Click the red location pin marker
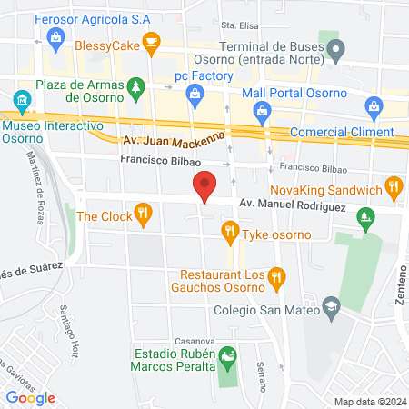205,186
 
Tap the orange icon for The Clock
142,215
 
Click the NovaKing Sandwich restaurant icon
394,189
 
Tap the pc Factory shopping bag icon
194,93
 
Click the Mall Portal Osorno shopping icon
263,110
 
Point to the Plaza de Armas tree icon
136,87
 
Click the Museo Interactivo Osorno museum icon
21,101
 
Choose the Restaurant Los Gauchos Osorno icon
278,274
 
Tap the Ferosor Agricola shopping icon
56,35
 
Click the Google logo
31,397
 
